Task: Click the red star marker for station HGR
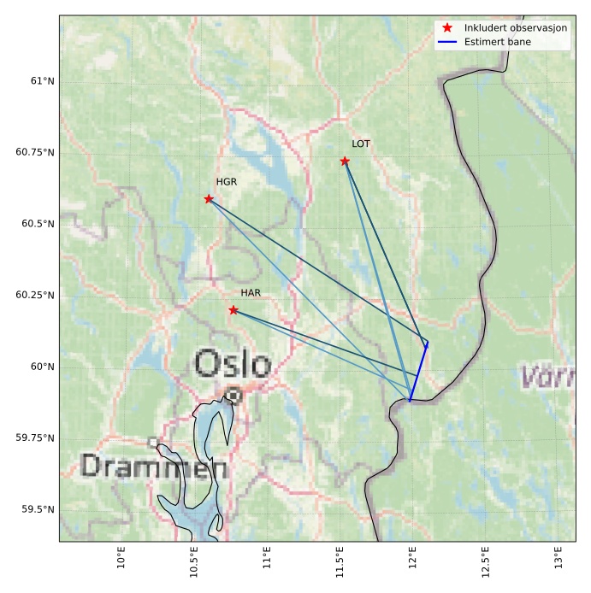coord(209,199)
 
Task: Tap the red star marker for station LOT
coord(345,161)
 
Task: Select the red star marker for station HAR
coord(233,310)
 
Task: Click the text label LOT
coord(361,144)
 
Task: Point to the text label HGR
coord(226,182)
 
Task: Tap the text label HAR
coord(251,293)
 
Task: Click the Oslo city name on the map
coord(232,363)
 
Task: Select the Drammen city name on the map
coord(154,467)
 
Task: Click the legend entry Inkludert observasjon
coord(515,28)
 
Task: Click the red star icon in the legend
coord(447,28)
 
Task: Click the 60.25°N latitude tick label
coord(35,296)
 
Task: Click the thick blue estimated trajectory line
coord(418,373)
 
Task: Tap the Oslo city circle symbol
coord(233,395)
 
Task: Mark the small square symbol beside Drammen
coord(153,443)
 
